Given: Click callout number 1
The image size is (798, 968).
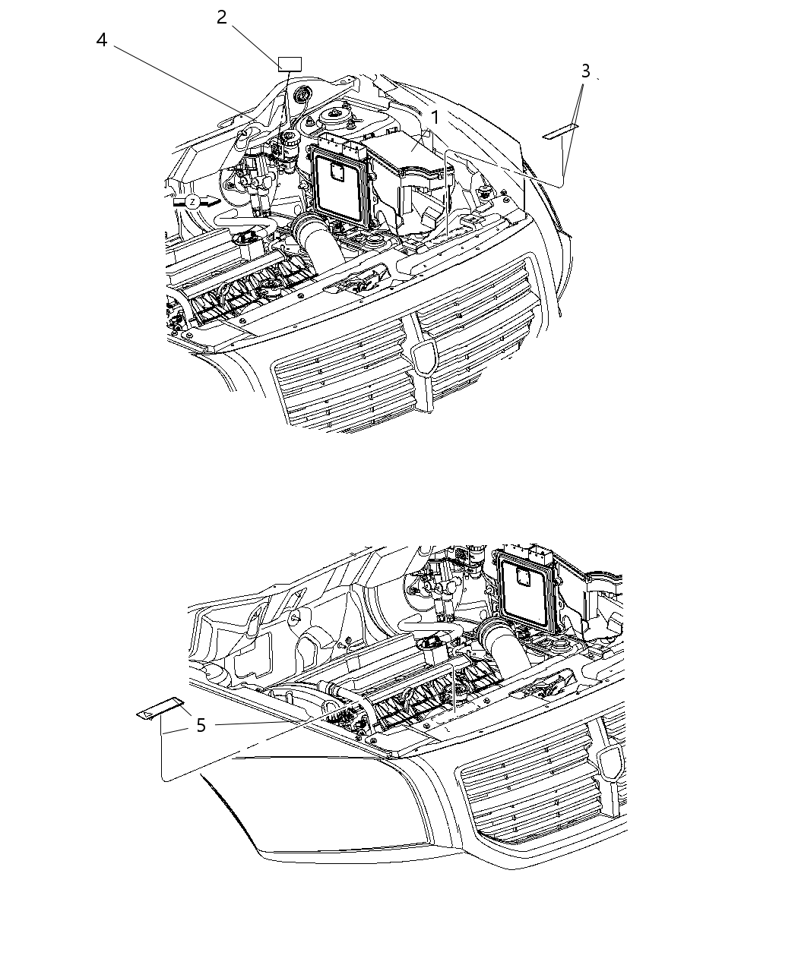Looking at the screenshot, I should (x=435, y=118).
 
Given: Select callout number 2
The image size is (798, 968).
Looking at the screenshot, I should (x=221, y=17).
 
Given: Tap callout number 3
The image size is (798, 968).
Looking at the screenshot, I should (x=585, y=71).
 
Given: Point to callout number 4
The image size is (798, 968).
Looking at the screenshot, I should (x=102, y=39).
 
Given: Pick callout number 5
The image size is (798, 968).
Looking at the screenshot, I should (x=201, y=726).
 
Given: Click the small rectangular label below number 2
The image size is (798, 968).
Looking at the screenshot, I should (x=290, y=64).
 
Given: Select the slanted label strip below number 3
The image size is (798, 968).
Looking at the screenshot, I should (x=560, y=132).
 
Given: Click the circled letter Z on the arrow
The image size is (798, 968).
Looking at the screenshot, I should (x=193, y=202).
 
